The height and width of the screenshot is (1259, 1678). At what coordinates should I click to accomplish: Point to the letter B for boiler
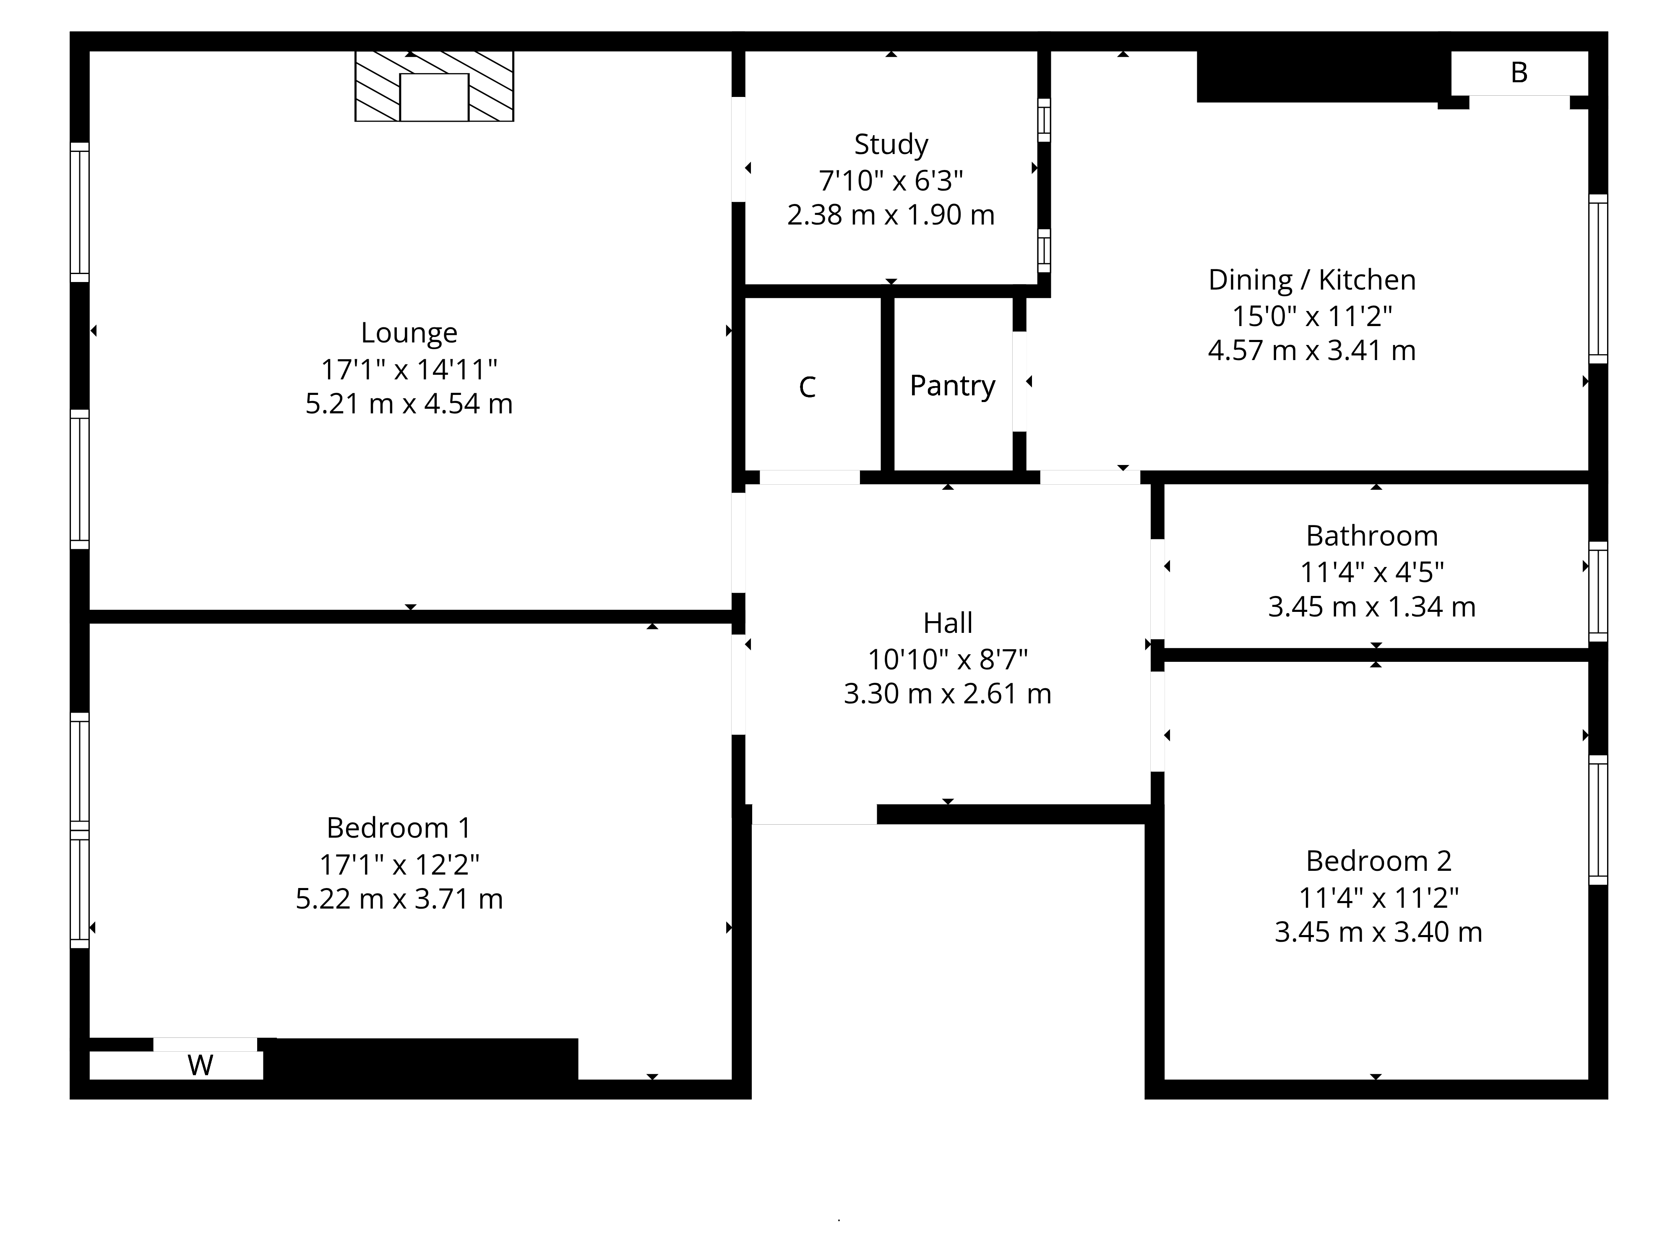pos(1519,73)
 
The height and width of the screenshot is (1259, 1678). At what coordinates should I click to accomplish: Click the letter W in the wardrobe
pos(200,1066)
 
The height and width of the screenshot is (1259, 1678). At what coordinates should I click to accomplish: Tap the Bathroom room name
pos(1371,536)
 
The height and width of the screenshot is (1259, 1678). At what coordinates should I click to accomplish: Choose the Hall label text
pos(948,623)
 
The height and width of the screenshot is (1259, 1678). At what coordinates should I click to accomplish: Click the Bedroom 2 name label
pos(1378,861)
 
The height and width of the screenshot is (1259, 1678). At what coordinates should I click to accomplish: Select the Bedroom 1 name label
pos(399,827)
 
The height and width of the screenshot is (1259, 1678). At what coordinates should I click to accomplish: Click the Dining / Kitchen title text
pos(1312,280)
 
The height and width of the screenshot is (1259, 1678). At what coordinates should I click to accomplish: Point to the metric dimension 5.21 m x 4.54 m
pos(409,404)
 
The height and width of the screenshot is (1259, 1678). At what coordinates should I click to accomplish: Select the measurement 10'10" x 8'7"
pos(948,659)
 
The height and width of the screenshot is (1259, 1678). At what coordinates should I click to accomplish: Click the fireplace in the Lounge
pos(434,86)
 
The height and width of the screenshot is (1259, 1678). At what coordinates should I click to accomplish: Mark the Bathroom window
pos(1597,592)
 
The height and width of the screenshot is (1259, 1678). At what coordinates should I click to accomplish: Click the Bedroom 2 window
pos(1597,820)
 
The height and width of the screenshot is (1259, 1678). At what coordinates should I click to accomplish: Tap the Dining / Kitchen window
pos(1597,279)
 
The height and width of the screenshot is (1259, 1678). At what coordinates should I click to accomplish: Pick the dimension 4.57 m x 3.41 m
pos(1312,350)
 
